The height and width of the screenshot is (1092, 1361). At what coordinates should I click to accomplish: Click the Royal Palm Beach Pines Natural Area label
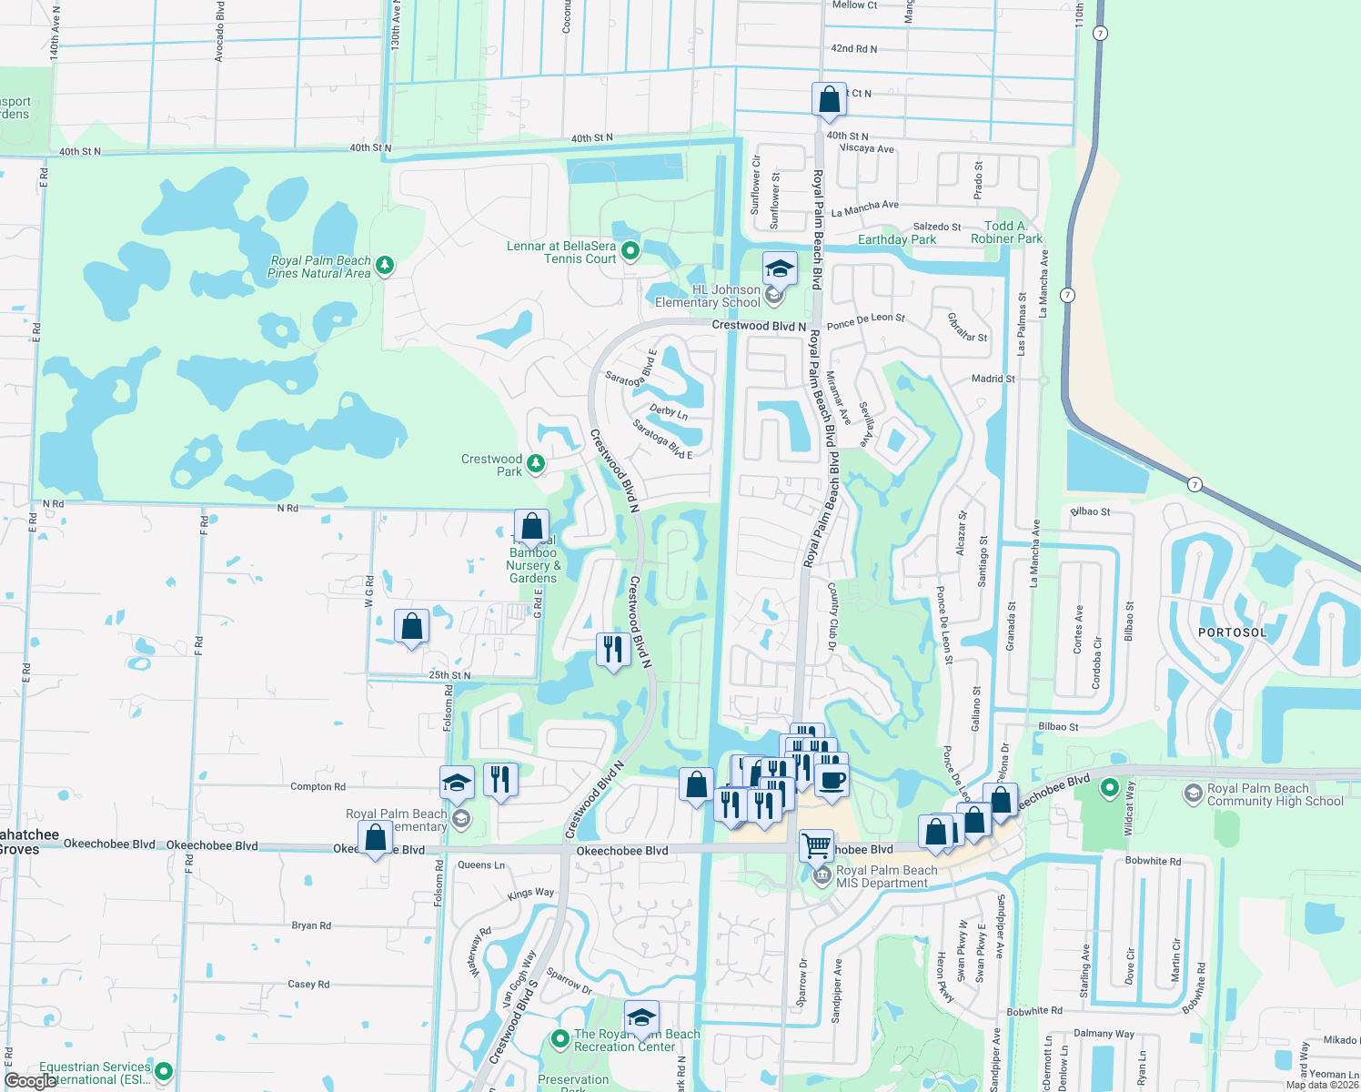point(319,267)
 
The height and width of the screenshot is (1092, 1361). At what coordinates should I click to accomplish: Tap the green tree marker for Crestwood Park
point(536,464)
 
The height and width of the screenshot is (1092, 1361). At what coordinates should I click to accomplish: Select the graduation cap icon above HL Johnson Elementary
point(780,269)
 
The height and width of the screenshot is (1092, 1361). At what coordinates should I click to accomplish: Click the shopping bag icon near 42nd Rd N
point(829,99)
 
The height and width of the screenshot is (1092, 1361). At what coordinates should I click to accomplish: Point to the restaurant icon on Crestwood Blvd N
point(613,650)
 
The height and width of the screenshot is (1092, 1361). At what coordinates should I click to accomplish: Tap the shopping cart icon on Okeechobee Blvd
point(816,845)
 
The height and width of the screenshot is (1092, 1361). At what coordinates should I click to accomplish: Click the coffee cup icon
point(831,781)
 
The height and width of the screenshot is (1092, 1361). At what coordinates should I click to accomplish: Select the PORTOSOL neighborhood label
point(1232,632)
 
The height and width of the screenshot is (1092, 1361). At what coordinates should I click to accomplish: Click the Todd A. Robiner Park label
point(1006,232)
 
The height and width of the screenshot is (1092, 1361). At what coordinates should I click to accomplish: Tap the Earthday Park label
point(896,239)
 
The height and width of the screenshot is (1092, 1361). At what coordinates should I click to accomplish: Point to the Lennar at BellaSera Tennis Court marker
point(630,249)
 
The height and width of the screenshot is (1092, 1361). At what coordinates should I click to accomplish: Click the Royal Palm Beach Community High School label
point(1275,794)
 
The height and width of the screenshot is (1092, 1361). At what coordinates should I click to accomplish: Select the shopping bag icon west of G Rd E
point(411,626)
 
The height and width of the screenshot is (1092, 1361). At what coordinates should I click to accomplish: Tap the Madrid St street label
point(993,379)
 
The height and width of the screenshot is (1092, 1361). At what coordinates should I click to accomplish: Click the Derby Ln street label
point(669,411)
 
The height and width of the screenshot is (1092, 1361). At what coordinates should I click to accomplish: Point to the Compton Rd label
point(318,786)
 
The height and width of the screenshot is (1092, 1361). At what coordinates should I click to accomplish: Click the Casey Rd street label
point(308,984)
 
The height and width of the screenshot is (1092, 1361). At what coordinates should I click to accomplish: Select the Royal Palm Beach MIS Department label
point(886,876)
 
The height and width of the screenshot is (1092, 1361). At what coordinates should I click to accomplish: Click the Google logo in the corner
point(30,1081)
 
